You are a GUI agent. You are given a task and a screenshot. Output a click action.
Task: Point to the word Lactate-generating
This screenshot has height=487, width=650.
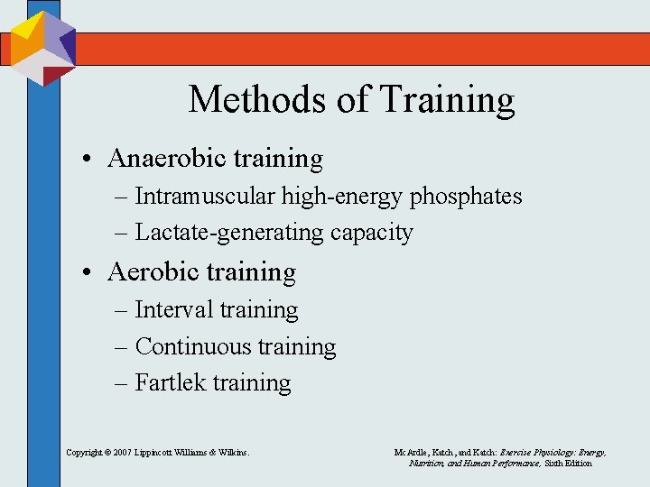pos(229,233)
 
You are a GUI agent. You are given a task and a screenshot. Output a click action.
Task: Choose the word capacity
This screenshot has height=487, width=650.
pos(371,233)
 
